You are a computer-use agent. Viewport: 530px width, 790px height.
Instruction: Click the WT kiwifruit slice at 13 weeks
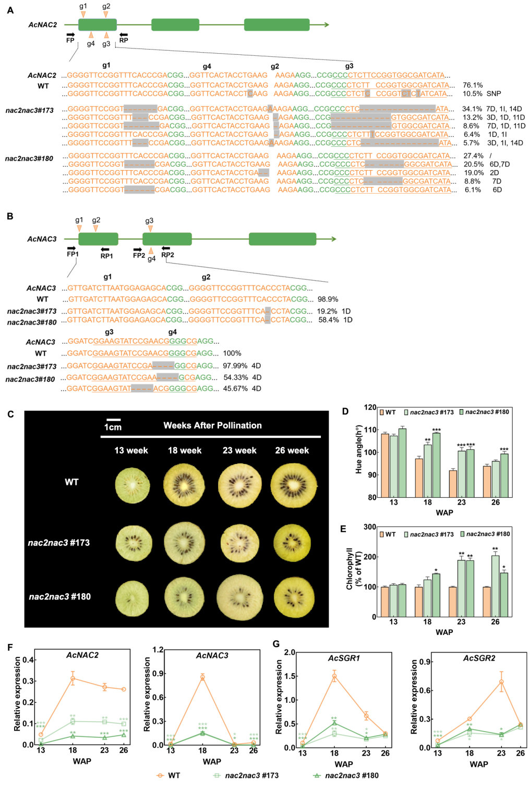tap(132, 486)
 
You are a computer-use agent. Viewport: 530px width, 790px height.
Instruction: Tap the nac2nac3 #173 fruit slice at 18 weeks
tap(184, 543)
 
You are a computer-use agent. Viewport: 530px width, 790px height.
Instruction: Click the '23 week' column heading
tap(239, 450)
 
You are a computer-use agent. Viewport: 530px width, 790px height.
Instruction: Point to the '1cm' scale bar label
tap(113, 427)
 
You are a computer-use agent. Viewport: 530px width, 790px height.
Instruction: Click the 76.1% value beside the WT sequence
tap(473, 85)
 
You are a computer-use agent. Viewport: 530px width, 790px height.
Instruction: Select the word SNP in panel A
tap(493, 94)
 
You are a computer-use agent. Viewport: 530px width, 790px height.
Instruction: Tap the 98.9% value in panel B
tap(328, 300)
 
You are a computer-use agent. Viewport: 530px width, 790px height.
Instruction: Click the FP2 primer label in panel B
tap(139, 255)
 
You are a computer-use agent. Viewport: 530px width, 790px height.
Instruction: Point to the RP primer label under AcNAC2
tap(124, 40)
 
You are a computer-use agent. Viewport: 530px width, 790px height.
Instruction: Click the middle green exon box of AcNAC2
tap(175, 25)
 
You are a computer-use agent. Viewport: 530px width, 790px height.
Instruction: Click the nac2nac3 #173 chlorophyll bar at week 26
tap(495, 586)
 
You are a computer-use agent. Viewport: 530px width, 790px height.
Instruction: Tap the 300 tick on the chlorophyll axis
tap(370, 527)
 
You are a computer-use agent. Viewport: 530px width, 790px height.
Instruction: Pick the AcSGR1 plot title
tap(344, 659)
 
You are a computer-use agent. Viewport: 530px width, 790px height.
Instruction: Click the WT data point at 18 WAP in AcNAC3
tap(202, 677)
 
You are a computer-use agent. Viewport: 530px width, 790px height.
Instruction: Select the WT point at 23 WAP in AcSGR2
tap(501, 682)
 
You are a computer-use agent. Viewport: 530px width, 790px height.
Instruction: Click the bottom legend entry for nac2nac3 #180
tap(351, 775)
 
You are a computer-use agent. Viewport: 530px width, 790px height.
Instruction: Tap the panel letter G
tap(276, 644)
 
